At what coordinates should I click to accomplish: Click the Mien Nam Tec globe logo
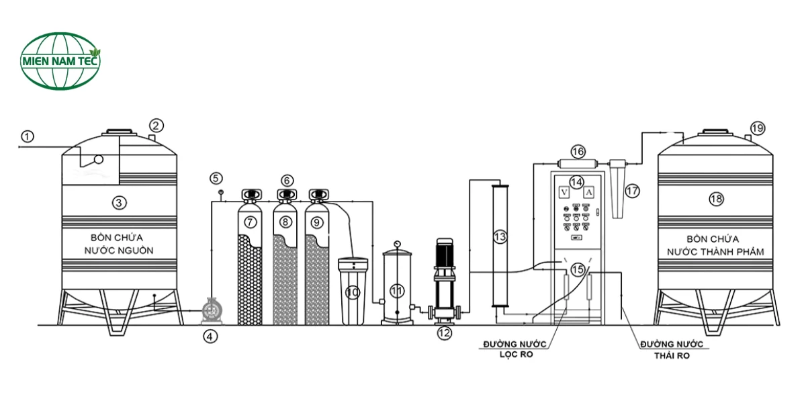click(60, 61)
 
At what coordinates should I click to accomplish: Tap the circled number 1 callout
click(28, 137)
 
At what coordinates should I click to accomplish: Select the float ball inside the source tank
click(98, 159)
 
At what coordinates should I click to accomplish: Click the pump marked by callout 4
click(212, 310)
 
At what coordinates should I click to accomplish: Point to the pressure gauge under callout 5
click(221, 193)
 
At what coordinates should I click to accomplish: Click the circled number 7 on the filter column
click(250, 222)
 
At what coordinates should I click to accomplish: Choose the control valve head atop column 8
click(287, 195)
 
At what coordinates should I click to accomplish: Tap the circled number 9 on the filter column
click(316, 222)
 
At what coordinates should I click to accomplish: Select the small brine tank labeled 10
click(353, 291)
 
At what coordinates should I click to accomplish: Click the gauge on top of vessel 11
click(397, 244)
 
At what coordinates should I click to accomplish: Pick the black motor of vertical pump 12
click(445, 253)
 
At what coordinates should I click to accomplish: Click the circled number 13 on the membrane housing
click(500, 236)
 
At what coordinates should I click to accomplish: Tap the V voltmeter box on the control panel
click(564, 193)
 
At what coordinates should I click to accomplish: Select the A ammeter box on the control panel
click(588, 193)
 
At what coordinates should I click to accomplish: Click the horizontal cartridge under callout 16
click(578, 165)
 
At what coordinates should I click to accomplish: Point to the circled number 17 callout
click(632, 191)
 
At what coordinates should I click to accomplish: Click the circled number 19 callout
click(758, 128)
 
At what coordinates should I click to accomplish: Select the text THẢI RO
click(672, 355)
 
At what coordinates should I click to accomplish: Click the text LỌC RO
click(516, 355)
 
